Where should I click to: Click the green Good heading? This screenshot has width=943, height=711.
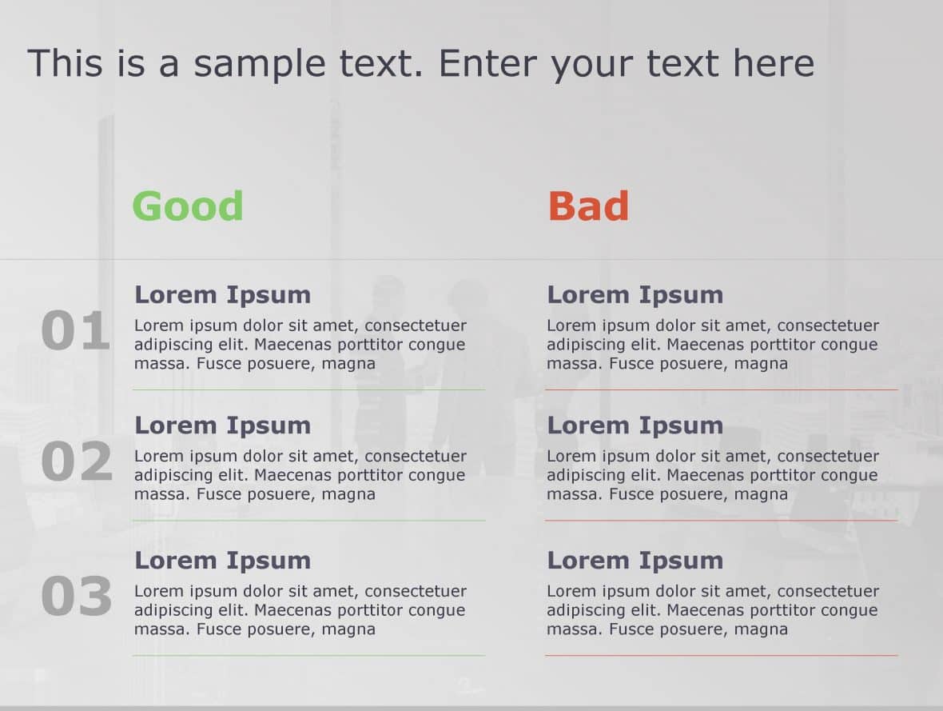click(x=188, y=206)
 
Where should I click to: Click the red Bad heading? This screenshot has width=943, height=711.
click(x=588, y=206)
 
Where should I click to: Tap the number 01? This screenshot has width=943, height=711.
click(x=76, y=332)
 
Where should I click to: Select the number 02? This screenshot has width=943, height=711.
click(x=77, y=462)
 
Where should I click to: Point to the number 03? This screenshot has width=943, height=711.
click(x=77, y=597)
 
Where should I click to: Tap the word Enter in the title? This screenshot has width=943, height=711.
click(x=489, y=62)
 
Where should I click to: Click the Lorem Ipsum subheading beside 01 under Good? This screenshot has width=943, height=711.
click(x=222, y=294)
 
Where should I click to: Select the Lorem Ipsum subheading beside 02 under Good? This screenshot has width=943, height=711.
click(x=222, y=425)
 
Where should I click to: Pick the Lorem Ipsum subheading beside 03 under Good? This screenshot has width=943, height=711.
click(x=222, y=560)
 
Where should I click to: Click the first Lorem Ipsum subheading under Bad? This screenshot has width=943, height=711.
click(x=635, y=294)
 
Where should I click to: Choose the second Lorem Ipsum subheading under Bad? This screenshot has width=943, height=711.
click(x=635, y=425)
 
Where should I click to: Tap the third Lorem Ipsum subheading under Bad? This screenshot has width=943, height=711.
click(x=635, y=560)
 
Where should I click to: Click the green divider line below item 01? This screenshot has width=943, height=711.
click(x=308, y=389)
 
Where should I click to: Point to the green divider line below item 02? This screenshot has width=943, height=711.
click(x=308, y=521)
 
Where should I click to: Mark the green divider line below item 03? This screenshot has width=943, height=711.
click(x=308, y=656)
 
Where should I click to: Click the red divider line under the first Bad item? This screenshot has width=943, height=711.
click(x=721, y=389)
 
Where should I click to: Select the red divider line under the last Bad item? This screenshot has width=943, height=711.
click(x=721, y=656)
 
